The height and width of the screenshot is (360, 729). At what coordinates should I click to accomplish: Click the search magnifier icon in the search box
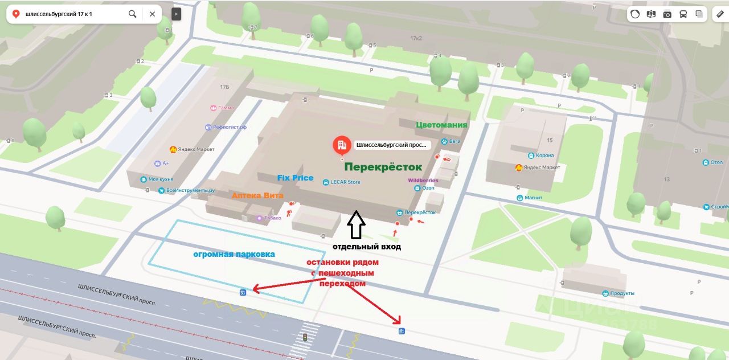point(132,14)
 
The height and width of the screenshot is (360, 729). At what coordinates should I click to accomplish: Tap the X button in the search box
point(152,14)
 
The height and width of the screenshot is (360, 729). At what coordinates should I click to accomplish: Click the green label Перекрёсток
point(383,167)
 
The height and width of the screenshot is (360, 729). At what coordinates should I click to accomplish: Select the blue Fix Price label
point(295,178)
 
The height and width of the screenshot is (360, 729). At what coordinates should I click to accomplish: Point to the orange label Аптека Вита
point(257,195)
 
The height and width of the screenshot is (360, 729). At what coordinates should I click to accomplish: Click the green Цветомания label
point(441,125)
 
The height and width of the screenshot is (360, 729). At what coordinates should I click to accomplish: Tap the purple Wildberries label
point(423,181)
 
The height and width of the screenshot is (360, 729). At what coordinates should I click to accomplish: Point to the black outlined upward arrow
point(356,225)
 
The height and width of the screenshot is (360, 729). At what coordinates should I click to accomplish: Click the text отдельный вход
point(367,247)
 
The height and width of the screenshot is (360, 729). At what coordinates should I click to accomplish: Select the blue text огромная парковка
point(234,254)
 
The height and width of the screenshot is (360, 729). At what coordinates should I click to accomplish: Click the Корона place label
point(544,155)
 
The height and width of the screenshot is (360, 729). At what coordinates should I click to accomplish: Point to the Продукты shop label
point(622,293)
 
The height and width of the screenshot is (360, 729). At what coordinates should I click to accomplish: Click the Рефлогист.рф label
point(230,127)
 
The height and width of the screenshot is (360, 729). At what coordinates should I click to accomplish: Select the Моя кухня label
point(161,179)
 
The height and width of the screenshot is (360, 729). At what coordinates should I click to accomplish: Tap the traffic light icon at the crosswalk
point(305,337)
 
